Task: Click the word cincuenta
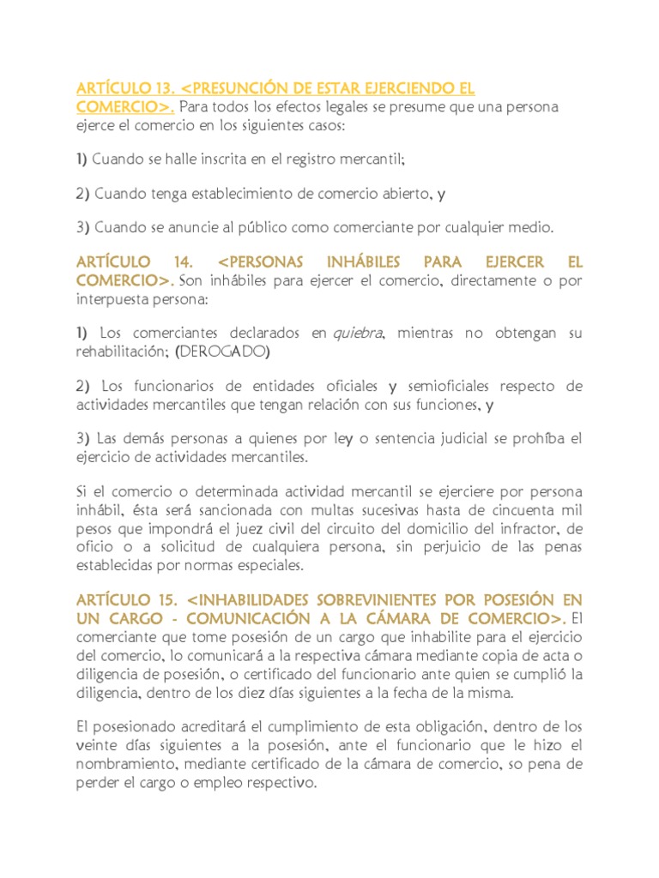point(513,509)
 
